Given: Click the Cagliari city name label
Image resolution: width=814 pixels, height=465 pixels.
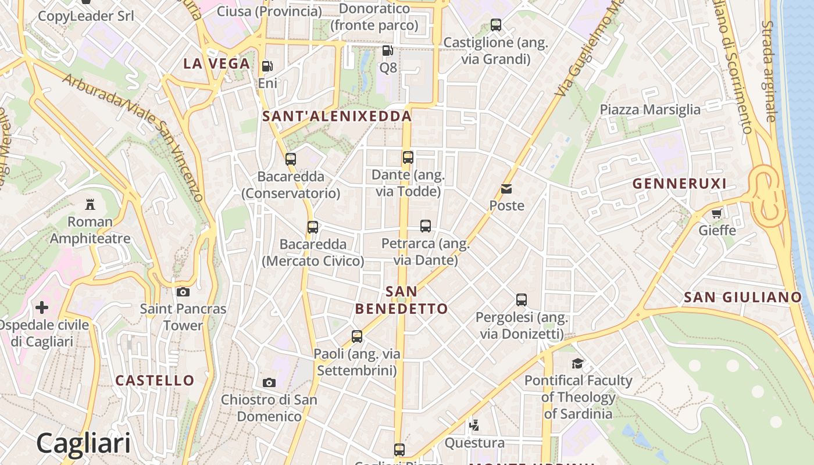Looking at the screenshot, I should tap(83, 443).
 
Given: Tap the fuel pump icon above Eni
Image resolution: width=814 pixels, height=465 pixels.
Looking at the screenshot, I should tap(267, 67).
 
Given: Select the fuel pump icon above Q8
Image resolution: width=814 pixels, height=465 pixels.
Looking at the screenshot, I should tap(388, 51).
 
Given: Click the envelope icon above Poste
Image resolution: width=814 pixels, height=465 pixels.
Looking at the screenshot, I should tap(506, 189).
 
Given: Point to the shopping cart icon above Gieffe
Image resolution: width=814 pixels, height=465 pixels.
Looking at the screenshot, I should tap(717, 213).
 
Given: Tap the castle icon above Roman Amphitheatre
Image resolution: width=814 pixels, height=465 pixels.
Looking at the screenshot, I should tap(90, 205).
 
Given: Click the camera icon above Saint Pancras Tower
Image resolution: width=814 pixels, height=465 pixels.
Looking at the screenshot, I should tap(183, 292).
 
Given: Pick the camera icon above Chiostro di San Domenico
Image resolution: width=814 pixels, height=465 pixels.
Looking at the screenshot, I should tap(269, 382).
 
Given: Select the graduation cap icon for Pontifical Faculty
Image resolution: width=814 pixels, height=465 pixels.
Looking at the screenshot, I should tap(577, 364).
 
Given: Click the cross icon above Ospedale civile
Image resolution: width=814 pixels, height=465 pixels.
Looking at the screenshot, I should tap(42, 307).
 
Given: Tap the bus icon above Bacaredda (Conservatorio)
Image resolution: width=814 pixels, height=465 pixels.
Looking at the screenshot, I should tap(291, 159).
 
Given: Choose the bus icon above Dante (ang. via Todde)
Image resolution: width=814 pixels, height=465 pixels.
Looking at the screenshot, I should tap(408, 157).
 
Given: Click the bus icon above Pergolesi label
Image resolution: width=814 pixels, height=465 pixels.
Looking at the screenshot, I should tap(522, 300).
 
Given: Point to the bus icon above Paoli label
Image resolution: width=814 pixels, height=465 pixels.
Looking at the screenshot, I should tap(357, 336).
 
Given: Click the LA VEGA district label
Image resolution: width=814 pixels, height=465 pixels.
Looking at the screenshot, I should tap(217, 64).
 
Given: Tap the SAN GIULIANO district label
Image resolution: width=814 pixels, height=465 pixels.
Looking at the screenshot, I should tap(742, 298).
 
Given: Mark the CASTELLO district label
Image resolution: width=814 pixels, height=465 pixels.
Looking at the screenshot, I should tap(155, 381).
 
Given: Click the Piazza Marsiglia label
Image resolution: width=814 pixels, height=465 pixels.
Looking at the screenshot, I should tap(650, 110).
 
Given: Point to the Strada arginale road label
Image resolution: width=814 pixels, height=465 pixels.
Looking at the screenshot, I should tap(769, 71).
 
